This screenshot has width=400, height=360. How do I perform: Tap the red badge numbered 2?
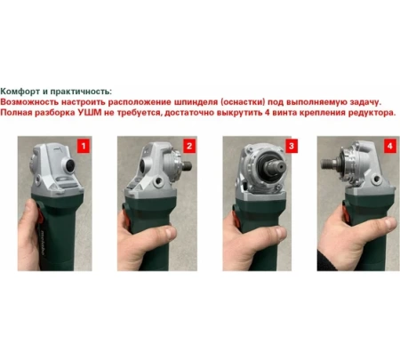click(x=189, y=144)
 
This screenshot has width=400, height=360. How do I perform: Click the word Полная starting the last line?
click(x=20, y=115)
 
